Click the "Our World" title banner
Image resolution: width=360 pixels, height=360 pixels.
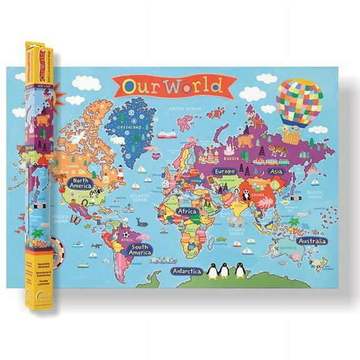[x=174, y=86]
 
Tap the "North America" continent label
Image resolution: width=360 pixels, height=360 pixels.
[x=81, y=183]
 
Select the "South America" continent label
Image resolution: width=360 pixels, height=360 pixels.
[x=140, y=250]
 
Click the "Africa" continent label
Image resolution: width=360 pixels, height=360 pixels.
[x=186, y=211]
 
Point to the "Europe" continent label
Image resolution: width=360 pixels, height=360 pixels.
[x=224, y=171]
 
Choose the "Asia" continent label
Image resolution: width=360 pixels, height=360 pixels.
[x=275, y=171]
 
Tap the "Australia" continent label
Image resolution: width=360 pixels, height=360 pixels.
[x=311, y=241]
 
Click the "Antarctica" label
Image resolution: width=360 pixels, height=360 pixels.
[x=187, y=271]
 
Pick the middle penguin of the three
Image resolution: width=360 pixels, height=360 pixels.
[x=224, y=270]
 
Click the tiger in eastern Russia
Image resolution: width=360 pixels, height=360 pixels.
[x=278, y=150]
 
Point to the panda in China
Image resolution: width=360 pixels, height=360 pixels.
[x=247, y=196]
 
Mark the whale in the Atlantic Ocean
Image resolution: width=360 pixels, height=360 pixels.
[x=141, y=221]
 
